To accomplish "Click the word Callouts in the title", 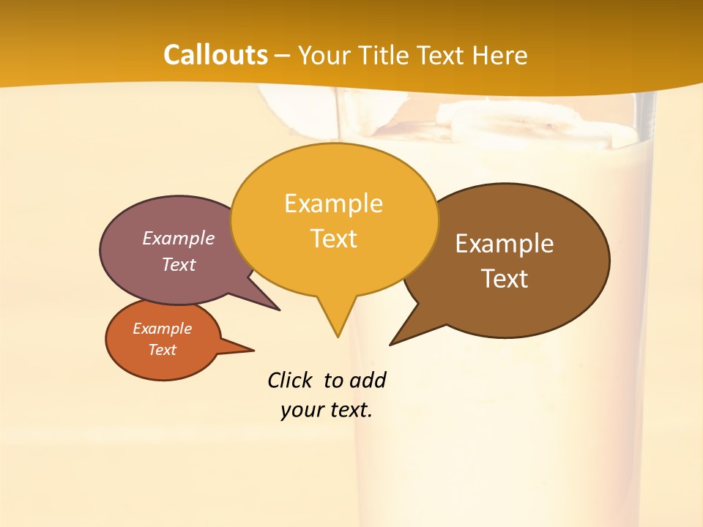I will pos(216,55).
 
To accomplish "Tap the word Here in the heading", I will pos(500,55).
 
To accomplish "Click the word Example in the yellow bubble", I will pos(333,203).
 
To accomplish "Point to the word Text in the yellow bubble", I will pos(333,239).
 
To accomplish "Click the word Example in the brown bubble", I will pos(505,244).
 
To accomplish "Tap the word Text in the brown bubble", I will pos(505,279).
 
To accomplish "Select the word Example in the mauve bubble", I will pos(179,239).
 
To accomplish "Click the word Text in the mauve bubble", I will pos(179,264).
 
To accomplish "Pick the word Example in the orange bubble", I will pos(162,329).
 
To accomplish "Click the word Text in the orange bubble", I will pos(162,350).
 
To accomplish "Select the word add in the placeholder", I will pos(368,381).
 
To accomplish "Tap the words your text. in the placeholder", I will pos(327,410).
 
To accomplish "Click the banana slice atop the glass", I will pos(513,121).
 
